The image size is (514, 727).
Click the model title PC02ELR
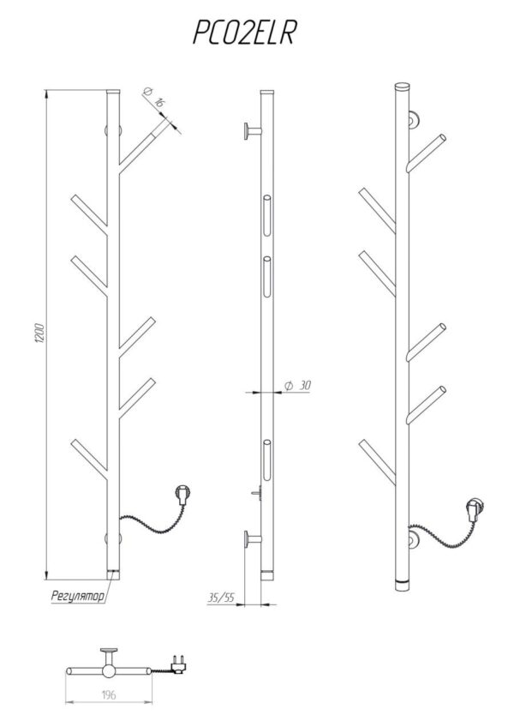244,33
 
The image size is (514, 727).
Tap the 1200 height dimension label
40,333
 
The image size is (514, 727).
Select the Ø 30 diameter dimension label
297,385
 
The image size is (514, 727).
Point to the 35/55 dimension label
221,598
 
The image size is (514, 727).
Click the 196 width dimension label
109,694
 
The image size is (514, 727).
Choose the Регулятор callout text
78,596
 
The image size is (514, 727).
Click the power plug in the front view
182,495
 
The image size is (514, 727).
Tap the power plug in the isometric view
476,509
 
